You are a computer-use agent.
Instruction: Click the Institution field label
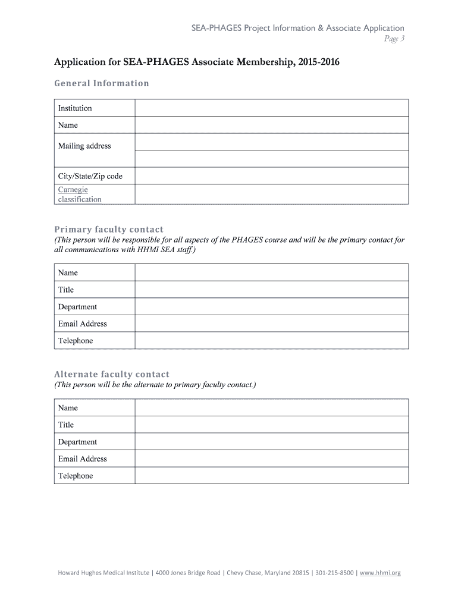[75, 108]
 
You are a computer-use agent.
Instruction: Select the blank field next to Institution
[271, 108]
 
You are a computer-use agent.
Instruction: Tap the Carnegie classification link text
[80, 194]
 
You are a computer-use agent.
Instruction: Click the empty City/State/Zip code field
[271, 176]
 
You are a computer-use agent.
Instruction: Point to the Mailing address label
[84, 146]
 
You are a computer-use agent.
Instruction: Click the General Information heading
[102, 83]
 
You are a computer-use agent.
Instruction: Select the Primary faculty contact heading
[109, 229]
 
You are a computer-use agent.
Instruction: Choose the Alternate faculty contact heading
[112, 374]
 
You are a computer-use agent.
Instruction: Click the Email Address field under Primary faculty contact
[271, 324]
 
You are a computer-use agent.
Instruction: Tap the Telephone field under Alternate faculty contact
[271, 476]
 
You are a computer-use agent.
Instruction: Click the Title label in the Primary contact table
[66, 290]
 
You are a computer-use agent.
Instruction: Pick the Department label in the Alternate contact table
[77, 442]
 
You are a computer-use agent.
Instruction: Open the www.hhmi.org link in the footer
[380, 573]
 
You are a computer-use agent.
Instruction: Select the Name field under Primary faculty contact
[271, 272]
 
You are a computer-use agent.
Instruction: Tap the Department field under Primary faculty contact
[271, 307]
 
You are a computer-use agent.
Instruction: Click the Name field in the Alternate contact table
[271, 408]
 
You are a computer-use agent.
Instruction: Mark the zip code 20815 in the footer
[299, 573]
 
